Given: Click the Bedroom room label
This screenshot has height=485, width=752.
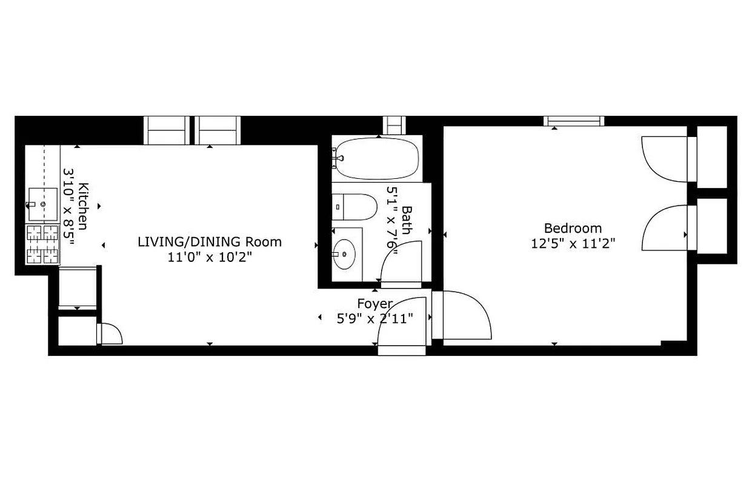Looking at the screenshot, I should coord(573,229).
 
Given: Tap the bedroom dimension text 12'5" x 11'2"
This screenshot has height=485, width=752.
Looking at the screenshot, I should coord(573,244).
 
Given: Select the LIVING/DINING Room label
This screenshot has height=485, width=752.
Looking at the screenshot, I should coord(210,242).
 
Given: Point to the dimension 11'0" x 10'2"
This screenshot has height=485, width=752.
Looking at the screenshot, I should coord(210,257).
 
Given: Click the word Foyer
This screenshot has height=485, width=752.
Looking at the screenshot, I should coord(374,304).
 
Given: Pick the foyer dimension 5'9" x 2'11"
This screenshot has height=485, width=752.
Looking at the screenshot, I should coord(374,318).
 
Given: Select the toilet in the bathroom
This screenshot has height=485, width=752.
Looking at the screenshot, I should coord(354,207).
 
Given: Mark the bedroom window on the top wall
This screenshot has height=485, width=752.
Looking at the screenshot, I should coord(574,121).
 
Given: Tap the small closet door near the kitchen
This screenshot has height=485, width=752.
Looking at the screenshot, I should coord(110,334).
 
